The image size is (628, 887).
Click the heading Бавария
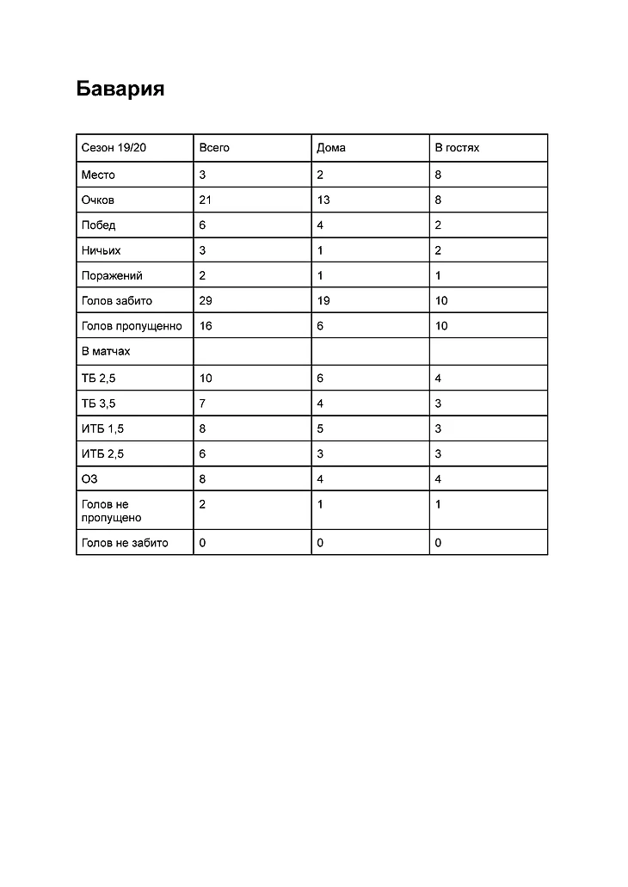pos(120,89)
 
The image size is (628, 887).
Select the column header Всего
pos(214,148)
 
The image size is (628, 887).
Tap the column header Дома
pos(331,148)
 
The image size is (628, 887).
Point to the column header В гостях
pos(457,148)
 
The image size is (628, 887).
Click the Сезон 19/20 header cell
pos(114,148)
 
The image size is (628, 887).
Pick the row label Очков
pos(98,200)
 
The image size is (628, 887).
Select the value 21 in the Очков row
pos(205,200)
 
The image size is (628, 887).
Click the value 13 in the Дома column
pos(323,200)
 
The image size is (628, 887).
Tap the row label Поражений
pos(112,276)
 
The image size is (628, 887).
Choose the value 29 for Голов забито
pos(205,301)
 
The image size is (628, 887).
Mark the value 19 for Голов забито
pos(323,301)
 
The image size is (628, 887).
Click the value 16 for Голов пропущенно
pos(205,326)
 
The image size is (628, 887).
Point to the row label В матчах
pos(106,352)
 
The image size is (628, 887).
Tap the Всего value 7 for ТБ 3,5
pos(202,403)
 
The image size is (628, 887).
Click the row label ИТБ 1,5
pos(102,428)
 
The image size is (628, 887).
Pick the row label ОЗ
pos(89,479)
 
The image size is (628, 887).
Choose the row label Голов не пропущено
pos(112,511)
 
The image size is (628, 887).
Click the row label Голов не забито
pos(125,543)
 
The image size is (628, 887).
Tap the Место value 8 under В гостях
pos(438,176)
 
